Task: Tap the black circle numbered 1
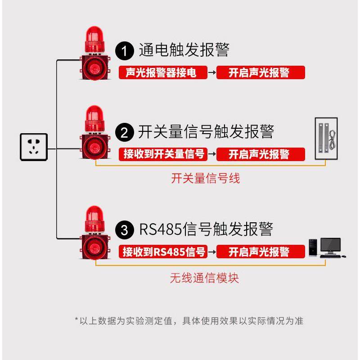click(x=125, y=50)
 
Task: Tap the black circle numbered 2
click(x=125, y=133)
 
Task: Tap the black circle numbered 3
click(x=125, y=230)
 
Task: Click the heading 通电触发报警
click(x=184, y=50)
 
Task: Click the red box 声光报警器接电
click(x=162, y=72)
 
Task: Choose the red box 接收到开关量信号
click(x=162, y=154)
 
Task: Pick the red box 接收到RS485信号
click(x=162, y=252)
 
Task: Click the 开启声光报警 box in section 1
click(x=261, y=72)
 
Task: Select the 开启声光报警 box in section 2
click(x=261, y=154)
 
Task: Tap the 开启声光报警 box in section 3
click(x=261, y=252)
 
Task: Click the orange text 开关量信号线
click(x=205, y=179)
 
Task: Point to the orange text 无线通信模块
click(x=204, y=278)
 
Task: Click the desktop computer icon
click(x=327, y=248)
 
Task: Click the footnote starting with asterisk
click(x=189, y=321)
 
